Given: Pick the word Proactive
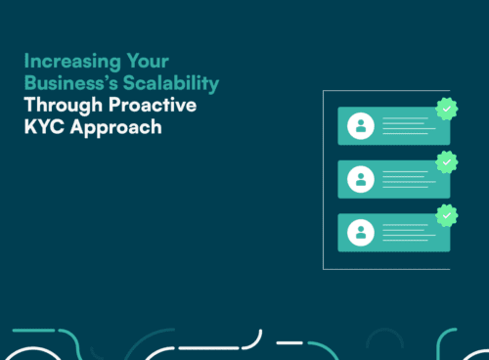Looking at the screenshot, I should pos(155,104).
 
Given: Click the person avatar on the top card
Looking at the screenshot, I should pos(362,126).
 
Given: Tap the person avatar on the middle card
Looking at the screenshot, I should pos(362,179).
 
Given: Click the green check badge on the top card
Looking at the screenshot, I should pos(446,110).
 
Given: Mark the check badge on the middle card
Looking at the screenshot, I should pos(446,162).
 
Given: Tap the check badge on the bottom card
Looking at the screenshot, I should pos(446,215).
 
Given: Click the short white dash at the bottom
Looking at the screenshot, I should pos(289,342).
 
